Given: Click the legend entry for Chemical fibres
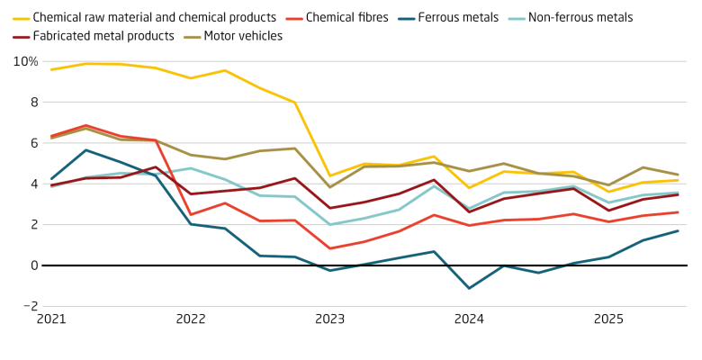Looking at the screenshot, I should (x=347, y=17).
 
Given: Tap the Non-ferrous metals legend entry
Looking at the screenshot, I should (x=580, y=17).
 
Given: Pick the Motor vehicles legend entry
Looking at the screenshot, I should (x=243, y=36).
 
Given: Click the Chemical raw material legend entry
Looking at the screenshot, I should (x=154, y=17).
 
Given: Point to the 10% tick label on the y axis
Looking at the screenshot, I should (x=25, y=61).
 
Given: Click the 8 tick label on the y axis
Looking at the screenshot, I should (x=33, y=103).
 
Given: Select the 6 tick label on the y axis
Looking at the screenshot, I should (x=33, y=143).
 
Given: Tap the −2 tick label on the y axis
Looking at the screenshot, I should (x=30, y=306).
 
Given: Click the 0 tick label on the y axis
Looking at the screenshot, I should (x=33, y=265).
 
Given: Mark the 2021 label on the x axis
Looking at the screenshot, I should (x=51, y=319).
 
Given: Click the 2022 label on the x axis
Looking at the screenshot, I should (x=191, y=319).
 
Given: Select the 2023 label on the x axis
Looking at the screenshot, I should (x=330, y=319).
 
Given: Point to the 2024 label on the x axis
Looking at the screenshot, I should (x=470, y=319).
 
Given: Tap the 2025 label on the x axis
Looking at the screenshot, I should (x=608, y=319).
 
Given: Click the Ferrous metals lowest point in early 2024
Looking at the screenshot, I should (x=469, y=288).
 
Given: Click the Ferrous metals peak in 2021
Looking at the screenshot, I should (x=86, y=150).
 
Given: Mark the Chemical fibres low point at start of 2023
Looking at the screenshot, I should (x=330, y=248).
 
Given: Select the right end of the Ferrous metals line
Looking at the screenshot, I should (x=678, y=231).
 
